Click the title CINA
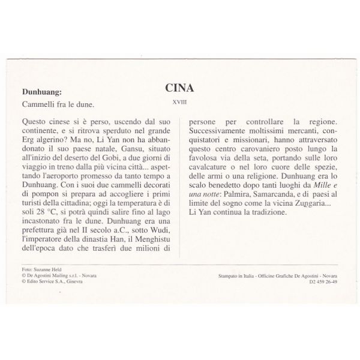(x=179, y=88)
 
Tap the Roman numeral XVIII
(x=179, y=102)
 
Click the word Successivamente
(x=221, y=130)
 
